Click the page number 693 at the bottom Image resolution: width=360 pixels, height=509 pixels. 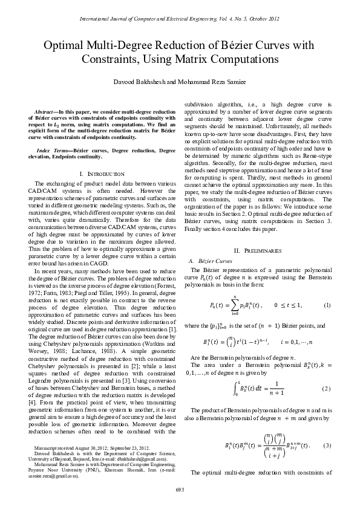pyautogui.click(x=180, y=490)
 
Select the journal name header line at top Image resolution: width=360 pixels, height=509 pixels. pyautogui.click(x=180, y=19)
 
